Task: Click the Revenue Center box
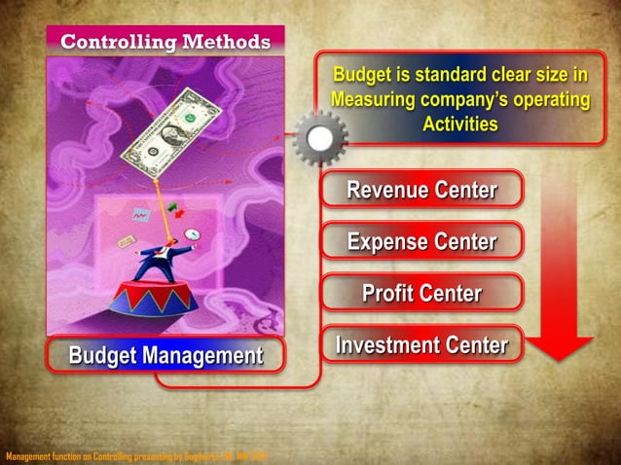[421, 190]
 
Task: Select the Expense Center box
[421, 241]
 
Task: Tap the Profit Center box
[421, 293]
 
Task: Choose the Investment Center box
[421, 344]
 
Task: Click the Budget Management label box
[165, 356]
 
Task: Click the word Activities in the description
[460, 125]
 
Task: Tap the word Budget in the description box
[363, 75]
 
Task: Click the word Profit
[387, 293]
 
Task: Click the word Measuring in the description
[375, 100]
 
